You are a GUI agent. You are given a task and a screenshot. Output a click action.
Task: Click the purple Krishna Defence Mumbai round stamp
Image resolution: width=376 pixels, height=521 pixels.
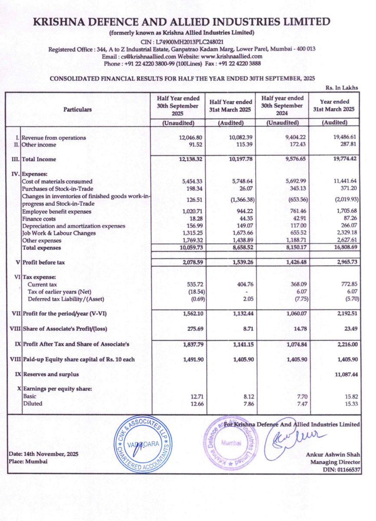click(x=231, y=445)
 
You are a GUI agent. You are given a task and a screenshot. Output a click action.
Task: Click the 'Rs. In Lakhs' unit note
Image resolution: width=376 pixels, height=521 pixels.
click(x=343, y=87)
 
